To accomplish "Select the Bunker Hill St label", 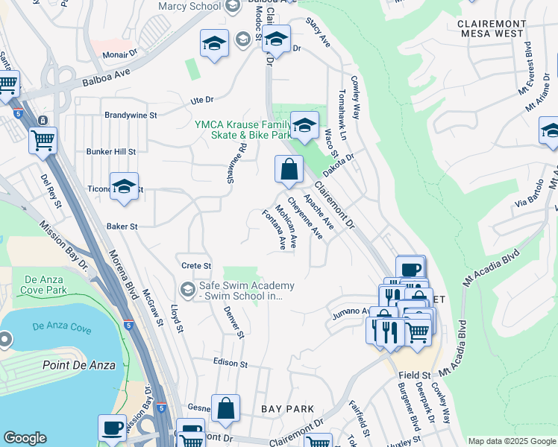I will tap(111, 151).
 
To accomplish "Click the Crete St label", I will tap(197, 265).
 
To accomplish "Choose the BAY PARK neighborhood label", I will tap(287, 409).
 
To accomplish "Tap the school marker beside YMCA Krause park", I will tap(304, 126).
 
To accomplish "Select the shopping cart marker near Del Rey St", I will tap(43, 139).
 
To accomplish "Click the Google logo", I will tap(25, 438).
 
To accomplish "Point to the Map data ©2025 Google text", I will tap(511, 441).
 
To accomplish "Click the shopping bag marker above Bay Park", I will tap(225, 408).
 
